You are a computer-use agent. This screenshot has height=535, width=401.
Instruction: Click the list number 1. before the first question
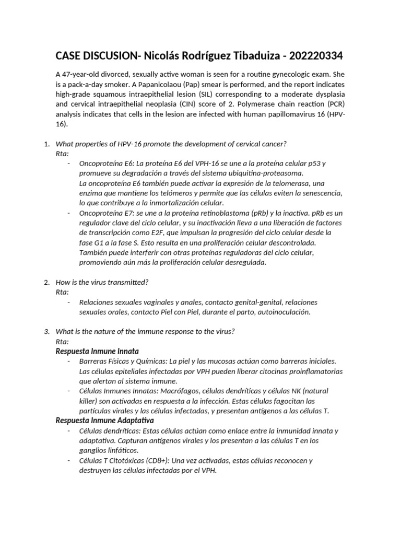pos(46,144)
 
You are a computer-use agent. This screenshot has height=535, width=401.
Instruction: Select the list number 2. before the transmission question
pos(46,282)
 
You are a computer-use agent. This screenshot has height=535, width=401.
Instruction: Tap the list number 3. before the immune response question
pos(46,331)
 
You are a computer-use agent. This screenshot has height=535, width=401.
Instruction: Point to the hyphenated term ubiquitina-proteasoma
pos(264,173)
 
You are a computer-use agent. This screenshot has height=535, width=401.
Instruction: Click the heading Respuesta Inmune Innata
pos(97,351)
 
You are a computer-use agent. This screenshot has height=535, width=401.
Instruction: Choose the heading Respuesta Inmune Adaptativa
pos(105,420)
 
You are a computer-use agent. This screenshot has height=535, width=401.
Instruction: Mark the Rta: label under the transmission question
pos(62,292)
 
